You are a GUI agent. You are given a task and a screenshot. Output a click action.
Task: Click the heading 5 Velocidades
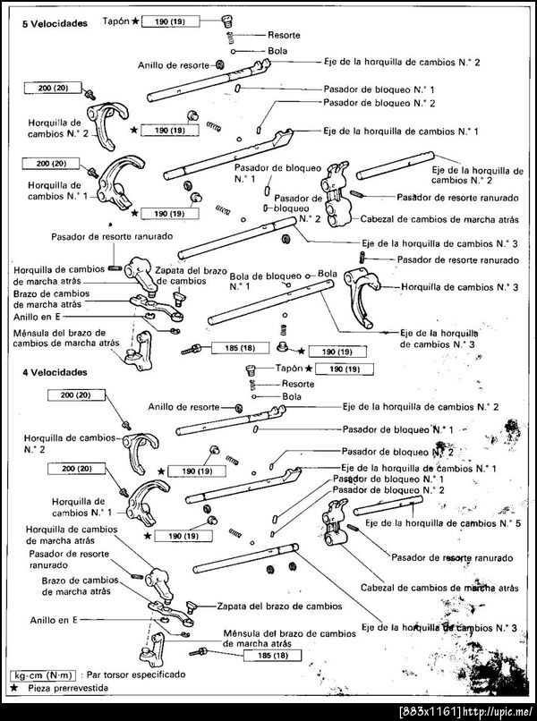pos(55,24)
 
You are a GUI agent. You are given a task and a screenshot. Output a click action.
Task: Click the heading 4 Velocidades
pos(55,370)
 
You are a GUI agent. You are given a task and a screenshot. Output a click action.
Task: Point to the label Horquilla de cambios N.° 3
pos(459,287)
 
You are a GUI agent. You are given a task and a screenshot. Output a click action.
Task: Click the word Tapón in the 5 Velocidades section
pos(115,18)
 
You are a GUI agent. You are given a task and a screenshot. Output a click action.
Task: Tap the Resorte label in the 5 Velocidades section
pos(284,35)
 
